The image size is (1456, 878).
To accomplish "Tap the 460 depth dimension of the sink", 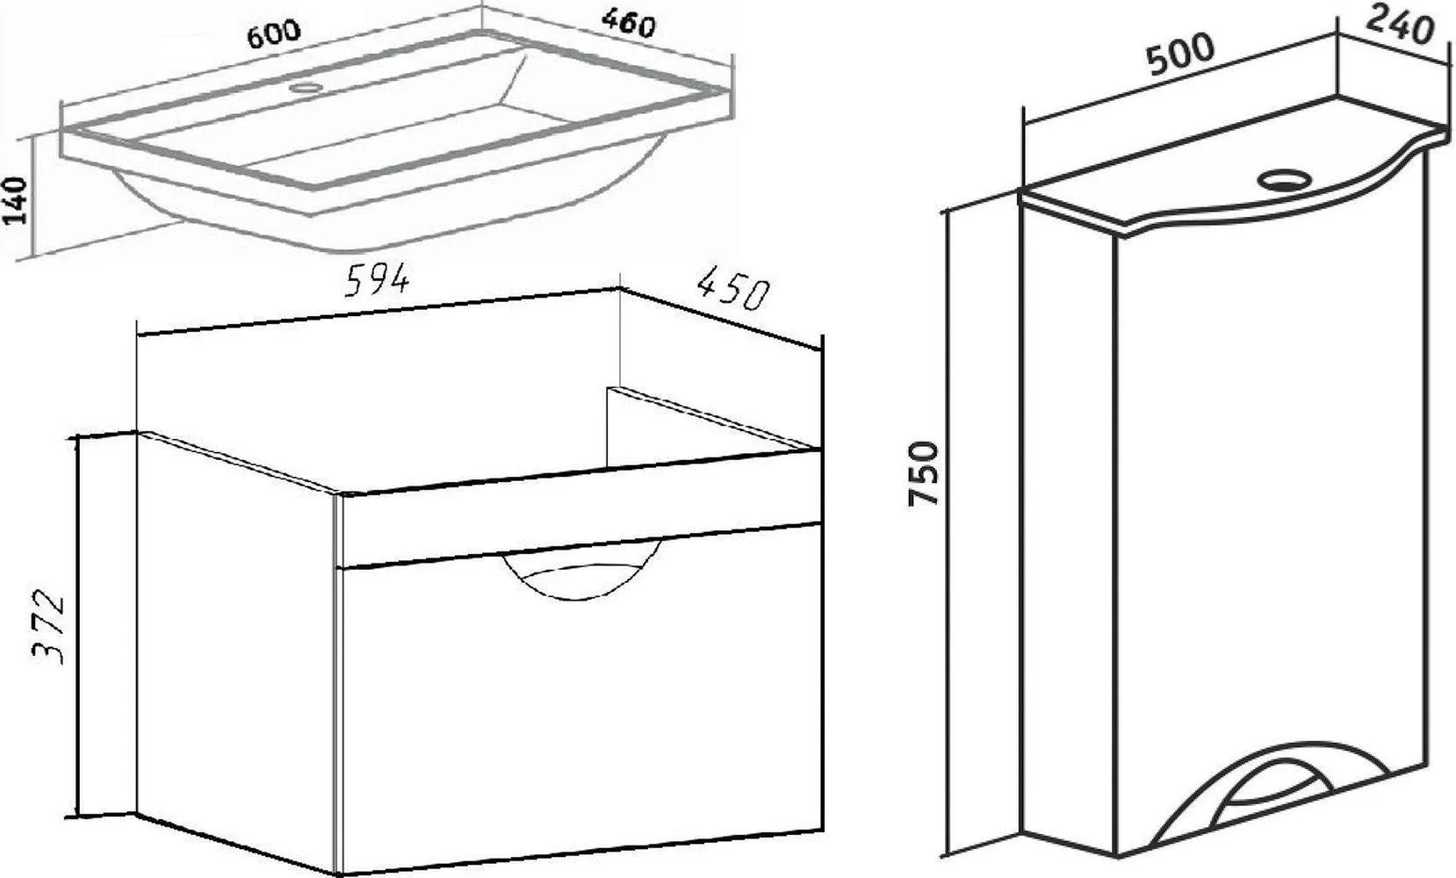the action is point(628,24).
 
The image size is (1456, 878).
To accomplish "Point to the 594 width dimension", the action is point(377,281).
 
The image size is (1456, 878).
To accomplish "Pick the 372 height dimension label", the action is point(49,627).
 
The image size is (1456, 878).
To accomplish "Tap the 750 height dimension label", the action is point(924,472).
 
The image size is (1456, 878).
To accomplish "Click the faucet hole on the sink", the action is point(306,87).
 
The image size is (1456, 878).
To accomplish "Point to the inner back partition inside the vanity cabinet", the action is point(711,427).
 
